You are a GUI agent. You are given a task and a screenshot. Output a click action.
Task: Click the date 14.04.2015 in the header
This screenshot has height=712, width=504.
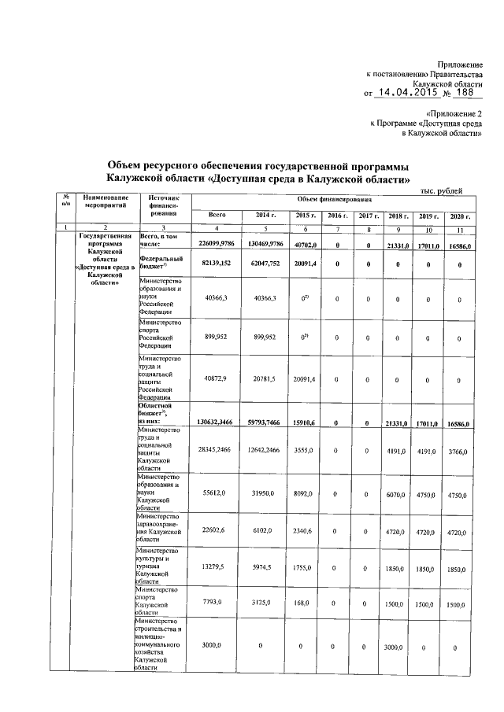tap(405, 93)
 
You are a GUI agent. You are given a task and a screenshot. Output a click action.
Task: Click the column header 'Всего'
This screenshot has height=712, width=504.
tap(218, 215)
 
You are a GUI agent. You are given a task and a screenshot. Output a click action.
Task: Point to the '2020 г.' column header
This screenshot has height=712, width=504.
tap(458, 216)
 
